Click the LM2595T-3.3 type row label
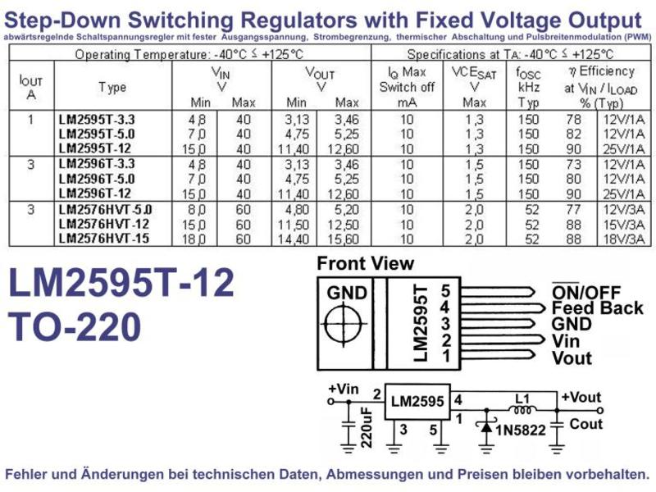coord(97,120)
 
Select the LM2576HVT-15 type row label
coord(104,239)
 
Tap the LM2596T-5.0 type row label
coord(97,179)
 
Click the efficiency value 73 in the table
coord(573,165)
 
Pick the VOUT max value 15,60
coord(343,239)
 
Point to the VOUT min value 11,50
coord(294,225)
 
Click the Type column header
coord(112,88)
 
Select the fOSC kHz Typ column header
coord(528,88)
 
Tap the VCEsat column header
coord(475,88)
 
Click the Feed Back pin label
coord(598,308)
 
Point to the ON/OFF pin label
coord(586,292)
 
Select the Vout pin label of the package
coord(572,358)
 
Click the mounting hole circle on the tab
coord(344,324)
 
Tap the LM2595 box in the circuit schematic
coord(417,401)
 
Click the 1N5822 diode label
coord(521,430)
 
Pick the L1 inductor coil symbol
coord(522,409)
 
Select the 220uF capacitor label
coord(367,427)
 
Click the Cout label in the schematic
coord(585,424)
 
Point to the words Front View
coord(365,263)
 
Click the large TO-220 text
coord(75,326)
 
